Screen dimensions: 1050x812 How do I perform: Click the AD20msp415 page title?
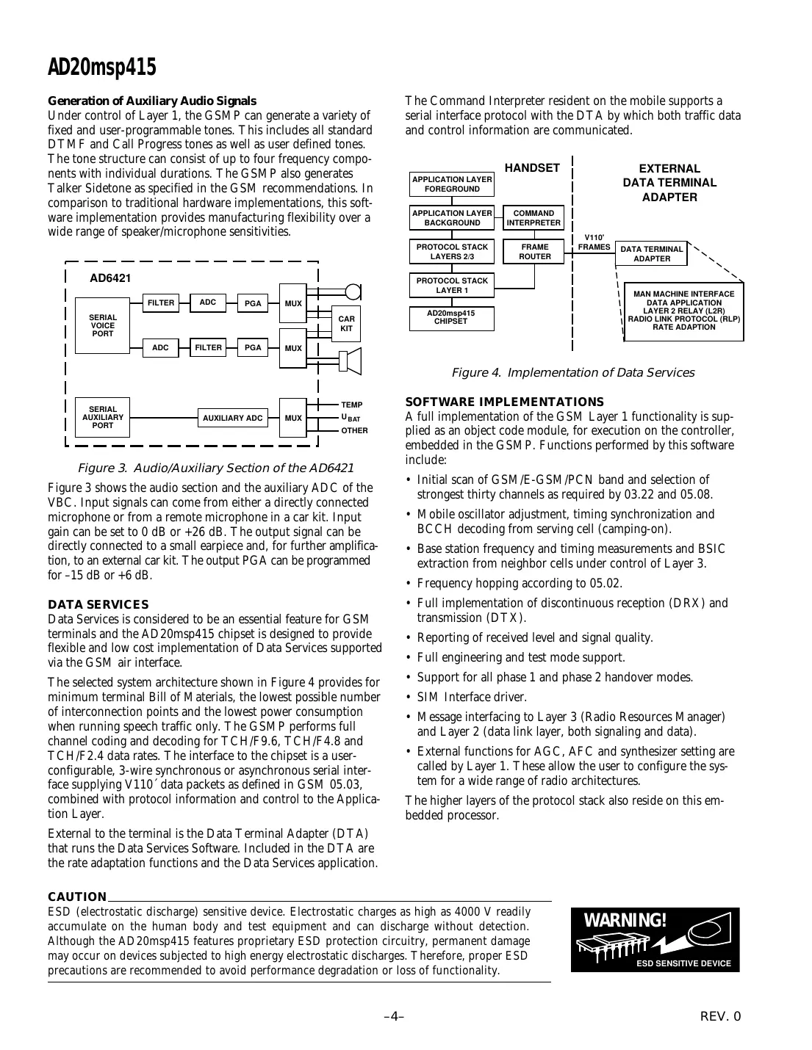pyautogui.click(x=102, y=68)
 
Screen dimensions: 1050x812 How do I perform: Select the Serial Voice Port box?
pyautogui.click(x=102, y=325)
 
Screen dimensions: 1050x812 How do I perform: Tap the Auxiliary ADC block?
pyautogui.click(x=232, y=418)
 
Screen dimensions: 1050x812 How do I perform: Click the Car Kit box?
pyautogui.click(x=346, y=324)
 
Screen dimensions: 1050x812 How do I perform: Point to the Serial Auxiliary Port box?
pyautogui.click(x=102, y=417)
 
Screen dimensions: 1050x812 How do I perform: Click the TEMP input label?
pyautogui.click(x=351, y=405)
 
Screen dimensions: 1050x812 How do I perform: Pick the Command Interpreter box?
pyautogui.click(x=533, y=218)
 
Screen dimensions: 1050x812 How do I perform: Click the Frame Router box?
pyautogui.click(x=534, y=252)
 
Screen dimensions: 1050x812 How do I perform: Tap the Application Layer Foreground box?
pyautogui.click(x=452, y=184)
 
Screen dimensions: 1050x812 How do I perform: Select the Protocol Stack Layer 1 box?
pyautogui.click(x=452, y=286)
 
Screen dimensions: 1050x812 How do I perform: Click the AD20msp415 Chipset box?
pyautogui.click(x=451, y=318)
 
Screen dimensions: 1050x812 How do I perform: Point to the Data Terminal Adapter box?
pyautogui.click(x=651, y=254)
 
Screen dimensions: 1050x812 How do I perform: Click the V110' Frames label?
pyautogui.click(x=594, y=243)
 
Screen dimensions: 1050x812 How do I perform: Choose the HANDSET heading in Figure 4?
pyautogui.click(x=532, y=168)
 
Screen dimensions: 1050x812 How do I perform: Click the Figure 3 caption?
pyautogui.click(x=215, y=468)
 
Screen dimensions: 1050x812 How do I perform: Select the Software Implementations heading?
pyautogui.click(x=504, y=402)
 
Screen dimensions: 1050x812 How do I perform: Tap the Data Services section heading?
pyautogui.click(x=98, y=604)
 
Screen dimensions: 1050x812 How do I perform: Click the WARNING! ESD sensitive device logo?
pyautogui.click(x=655, y=940)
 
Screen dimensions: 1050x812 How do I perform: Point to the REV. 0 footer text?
pyautogui.click(x=720, y=1016)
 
